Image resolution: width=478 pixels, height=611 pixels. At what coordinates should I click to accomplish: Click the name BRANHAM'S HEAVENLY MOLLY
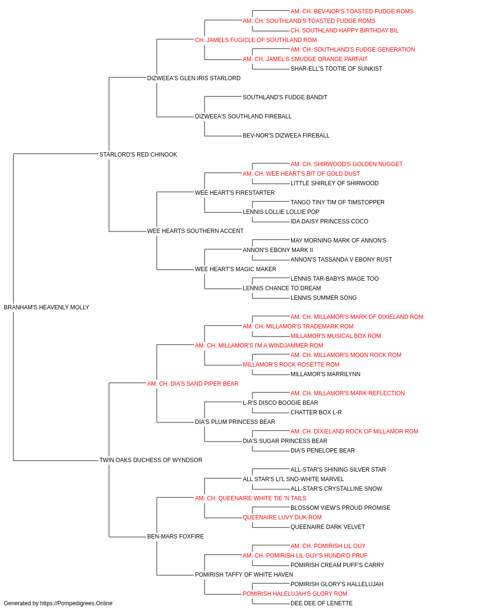pos(46,307)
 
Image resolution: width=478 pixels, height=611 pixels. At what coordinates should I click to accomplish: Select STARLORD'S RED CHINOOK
pos(138,155)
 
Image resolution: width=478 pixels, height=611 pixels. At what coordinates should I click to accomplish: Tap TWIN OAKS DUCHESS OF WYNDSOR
pos(151,460)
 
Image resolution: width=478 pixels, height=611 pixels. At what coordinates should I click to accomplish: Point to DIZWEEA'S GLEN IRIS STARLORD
pos(194,78)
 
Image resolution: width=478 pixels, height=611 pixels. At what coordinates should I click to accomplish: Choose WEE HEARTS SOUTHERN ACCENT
pos(196,231)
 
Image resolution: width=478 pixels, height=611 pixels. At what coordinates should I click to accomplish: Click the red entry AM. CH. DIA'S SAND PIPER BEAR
pos(193,384)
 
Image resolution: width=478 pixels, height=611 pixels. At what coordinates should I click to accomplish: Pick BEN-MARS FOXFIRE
pos(175,537)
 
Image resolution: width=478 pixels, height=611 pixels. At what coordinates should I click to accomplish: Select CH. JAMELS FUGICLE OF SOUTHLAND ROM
pos(256,40)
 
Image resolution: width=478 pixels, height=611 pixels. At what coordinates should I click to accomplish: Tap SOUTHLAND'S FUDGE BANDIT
pos(285,97)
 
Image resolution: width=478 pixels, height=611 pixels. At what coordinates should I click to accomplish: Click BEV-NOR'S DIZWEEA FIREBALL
pos(286,136)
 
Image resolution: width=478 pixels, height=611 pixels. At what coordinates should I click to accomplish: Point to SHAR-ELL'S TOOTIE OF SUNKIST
pos(337,69)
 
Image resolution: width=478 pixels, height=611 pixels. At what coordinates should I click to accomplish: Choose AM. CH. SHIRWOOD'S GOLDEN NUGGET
pos(347,164)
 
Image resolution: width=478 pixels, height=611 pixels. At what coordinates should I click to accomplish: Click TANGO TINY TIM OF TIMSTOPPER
pos(337,202)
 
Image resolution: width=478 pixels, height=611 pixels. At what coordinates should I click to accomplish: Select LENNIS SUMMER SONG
pos(324,298)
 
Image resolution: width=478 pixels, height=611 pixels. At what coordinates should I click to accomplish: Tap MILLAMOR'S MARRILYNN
pos(326,374)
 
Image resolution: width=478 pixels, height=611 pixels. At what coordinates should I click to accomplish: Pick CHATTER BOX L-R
pos(316,412)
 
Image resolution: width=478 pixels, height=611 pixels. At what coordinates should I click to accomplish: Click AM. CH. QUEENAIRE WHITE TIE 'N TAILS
pos(250,498)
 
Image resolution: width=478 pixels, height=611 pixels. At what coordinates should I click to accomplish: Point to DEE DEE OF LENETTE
pos(322,603)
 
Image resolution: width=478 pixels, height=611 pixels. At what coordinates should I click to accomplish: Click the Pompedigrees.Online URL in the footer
pos(76,603)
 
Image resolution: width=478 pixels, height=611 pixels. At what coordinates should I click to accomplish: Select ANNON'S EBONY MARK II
pos(278,250)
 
